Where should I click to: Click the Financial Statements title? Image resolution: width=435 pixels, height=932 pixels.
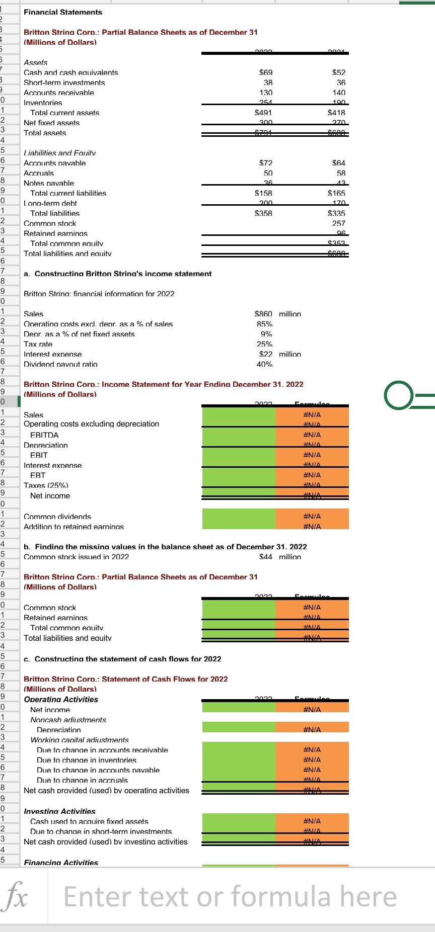(x=63, y=12)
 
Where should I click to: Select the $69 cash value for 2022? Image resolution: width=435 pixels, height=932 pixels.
(x=266, y=73)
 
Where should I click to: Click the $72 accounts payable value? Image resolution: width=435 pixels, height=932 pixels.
(x=265, y=163)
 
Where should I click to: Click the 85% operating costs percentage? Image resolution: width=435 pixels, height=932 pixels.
(x=265, y=324)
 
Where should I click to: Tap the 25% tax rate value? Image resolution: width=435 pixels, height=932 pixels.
(x=265, y=345)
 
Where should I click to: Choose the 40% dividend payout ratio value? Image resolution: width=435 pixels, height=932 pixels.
(x=265, y=364)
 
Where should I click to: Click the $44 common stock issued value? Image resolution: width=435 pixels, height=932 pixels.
(x=266, y=557)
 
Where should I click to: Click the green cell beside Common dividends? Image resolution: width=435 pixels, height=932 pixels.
(x=239, y=517)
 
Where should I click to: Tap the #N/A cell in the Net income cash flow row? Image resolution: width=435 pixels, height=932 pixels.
(x=312, y=710)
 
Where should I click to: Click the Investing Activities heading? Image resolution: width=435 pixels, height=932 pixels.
(x=59, y=811)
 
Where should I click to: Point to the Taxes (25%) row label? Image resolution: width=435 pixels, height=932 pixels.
(x=46, y=485)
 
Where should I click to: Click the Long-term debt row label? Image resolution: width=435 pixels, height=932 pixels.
(x=50, y=203)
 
